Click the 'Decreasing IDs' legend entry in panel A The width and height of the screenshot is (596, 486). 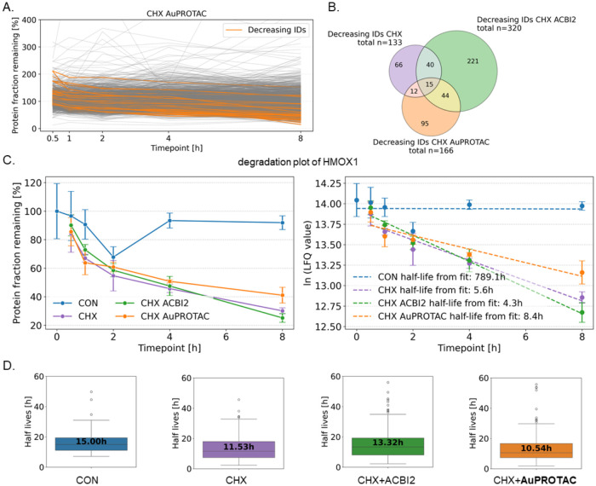[266, 30]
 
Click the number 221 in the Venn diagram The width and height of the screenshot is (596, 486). [473, 61]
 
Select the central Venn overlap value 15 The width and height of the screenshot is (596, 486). [429, 84]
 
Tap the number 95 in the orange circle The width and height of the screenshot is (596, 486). [425, 124]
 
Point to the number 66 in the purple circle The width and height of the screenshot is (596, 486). [398, 65]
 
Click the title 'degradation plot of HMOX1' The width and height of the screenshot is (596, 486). [298, 162]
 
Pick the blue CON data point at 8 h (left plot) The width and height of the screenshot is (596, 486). [282, 223]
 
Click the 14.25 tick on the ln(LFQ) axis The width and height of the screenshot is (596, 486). [329, 184]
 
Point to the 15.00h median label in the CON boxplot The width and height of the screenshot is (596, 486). [91, 442]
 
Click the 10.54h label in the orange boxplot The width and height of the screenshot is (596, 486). [536, 448]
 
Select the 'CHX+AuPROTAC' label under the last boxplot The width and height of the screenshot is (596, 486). [535, 480]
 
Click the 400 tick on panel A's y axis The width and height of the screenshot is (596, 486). [34, 20]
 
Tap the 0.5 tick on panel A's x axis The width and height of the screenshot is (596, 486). [53, 138]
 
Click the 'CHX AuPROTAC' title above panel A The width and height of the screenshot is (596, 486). [177, 14]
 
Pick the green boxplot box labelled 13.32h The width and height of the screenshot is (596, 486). [388, 446]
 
